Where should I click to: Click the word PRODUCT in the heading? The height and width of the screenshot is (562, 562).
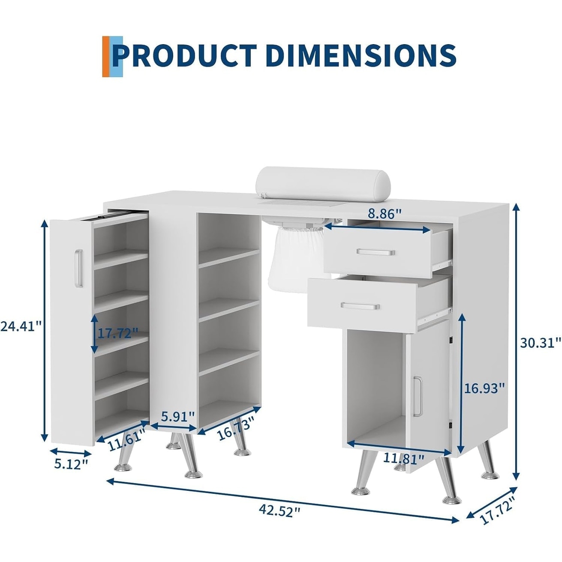click(184, 55)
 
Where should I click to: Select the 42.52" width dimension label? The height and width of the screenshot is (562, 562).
click(279, 511)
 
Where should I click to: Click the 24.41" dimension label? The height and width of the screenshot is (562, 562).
click(21, 326)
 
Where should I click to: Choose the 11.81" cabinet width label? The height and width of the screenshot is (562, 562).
click(403, 458)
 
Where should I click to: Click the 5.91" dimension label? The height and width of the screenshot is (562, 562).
click(178, 416)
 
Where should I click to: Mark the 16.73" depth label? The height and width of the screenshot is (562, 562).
click(234, 428)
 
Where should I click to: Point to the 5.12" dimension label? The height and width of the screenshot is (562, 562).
click(71, 464)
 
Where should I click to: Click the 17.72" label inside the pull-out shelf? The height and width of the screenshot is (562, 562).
click(118, 333)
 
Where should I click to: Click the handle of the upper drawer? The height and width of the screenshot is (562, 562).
click(376, 252)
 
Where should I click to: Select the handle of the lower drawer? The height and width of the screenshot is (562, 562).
click(360, 306)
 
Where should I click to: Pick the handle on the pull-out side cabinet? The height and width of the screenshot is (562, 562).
click(78, 268)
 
